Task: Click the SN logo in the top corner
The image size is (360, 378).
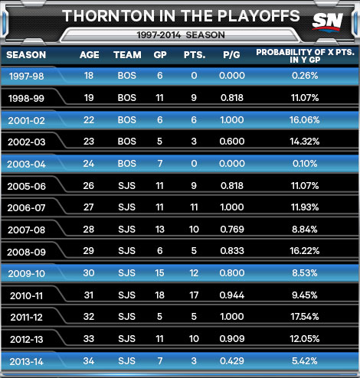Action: pyautogui.click(x=328, y=21)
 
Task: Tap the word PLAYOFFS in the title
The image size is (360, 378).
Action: pyautogui.click(x=259, y=16)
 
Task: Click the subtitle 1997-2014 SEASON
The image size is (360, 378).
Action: pyautogui.click(x=181, y=35)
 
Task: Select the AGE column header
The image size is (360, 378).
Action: pyautogui.click(x=89, y=54)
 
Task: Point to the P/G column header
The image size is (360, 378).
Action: pyautogui.click(x=231, y=54)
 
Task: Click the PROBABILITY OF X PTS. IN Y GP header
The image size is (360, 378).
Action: pyautogui.click(x=305, y=56)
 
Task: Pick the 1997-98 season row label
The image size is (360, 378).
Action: pyautogui.click(x=27, y=76)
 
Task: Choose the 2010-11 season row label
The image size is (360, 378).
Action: pyautogui.click(x=27, y=296)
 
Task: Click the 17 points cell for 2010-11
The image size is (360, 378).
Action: pyautogui.click(x=194, y=295)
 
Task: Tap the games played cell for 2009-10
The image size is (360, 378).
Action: pyautogui.click(x=159, y=273)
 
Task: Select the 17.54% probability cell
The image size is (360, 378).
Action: pyautogui.click(x=305, y=317)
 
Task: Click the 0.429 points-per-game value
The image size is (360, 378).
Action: pyautogui.click(x=232, y=361)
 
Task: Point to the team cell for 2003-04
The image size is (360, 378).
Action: pyautogui.click(x=127, y=164)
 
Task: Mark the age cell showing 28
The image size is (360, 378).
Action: pyautogui.click(x=89, y=230)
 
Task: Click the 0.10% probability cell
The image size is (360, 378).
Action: pyautogui.click(x=305, y=164)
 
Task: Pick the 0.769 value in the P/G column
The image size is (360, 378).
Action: pyautogui.click(x=232, y=230)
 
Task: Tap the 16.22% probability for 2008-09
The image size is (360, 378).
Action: pyautogui.click(x=305, y=251)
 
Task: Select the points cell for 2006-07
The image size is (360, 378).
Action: pyautogui.click(x=194, y=207)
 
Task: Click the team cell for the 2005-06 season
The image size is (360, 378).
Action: pyautogui.click(x=127, y=186)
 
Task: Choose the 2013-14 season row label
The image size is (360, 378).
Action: pyautogui.click(x=27, y=362)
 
